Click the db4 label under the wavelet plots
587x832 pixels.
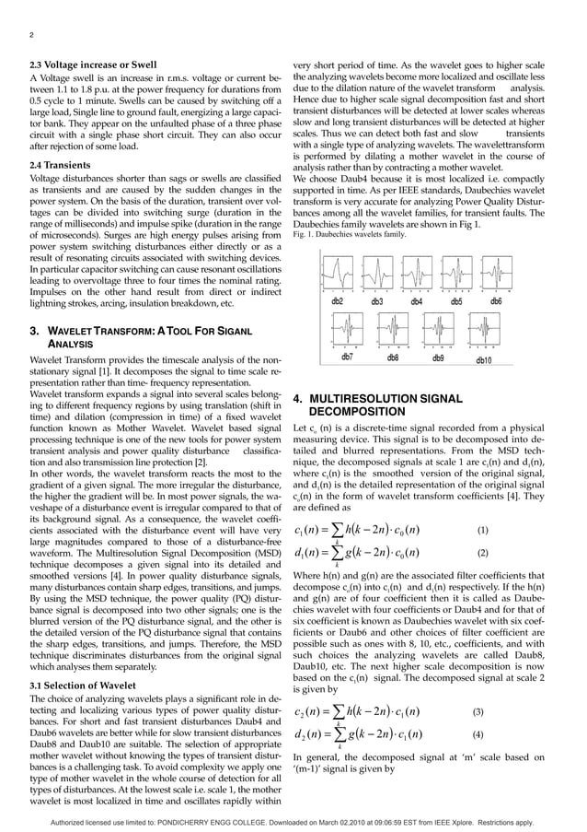click(x=417, y=301)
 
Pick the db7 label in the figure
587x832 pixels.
click(x=349, y=357)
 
